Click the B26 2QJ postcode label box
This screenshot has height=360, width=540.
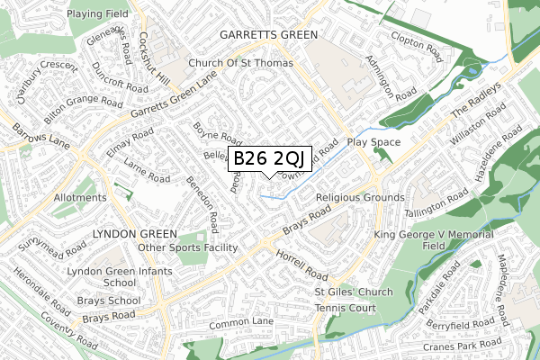coord(271,158)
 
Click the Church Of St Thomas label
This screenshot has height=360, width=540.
coord(241,64)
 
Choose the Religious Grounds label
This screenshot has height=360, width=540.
coord(360,197)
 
